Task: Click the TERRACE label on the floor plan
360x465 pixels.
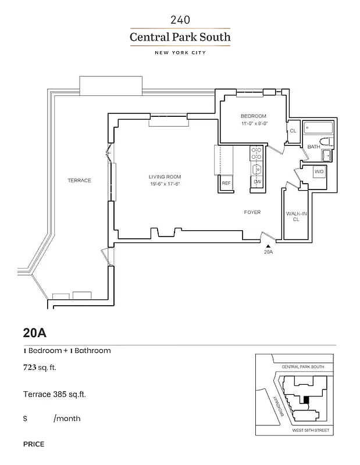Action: (79, 181)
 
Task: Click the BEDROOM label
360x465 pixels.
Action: (254, 116)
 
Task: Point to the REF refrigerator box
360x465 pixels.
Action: (226, 183)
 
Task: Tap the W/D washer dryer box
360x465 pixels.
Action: (319, 173)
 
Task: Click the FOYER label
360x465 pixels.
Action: (252, 212)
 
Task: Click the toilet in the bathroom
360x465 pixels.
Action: (326, 143)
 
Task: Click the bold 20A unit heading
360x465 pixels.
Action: (34, 333)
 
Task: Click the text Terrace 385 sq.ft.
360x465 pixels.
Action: (55, 394)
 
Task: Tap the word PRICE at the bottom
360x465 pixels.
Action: (34, 444)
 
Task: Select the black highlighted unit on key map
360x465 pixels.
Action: (307, 400)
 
